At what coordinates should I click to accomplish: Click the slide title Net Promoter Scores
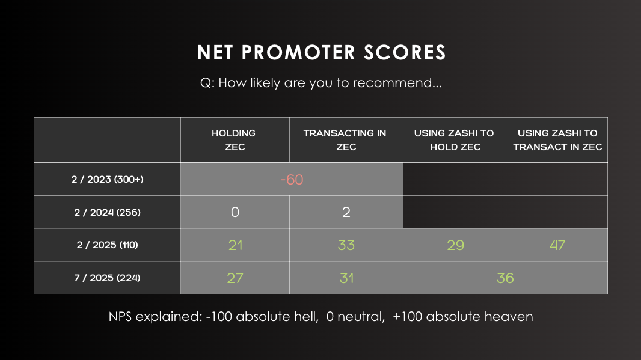point(321,52)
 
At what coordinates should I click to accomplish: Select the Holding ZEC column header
point(234,140)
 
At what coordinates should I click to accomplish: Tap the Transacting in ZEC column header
point(345,140)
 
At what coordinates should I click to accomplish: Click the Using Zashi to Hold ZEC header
point(454,140)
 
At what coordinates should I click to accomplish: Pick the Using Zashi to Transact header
point(557,140)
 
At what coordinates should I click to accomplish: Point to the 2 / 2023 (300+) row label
point(108,179)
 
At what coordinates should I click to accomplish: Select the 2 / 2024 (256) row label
point(108,213)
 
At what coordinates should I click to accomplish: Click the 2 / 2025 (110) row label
point(108,245)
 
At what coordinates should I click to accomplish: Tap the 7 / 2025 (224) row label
point(108,278)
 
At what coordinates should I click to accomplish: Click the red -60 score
point(292,180)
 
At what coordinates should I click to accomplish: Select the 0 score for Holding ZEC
point(235,212)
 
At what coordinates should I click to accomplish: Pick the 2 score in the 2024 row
point(346,212)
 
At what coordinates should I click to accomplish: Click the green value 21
point(236,245)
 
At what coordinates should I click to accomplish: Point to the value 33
point(346,245)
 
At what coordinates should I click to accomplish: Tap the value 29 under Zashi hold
point(455,245)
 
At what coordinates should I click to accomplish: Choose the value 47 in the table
point(557,245)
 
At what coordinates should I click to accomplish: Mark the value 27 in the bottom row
point(235,278)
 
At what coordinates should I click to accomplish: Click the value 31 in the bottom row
point(347,278)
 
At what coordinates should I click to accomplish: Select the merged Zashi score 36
point(505,278)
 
